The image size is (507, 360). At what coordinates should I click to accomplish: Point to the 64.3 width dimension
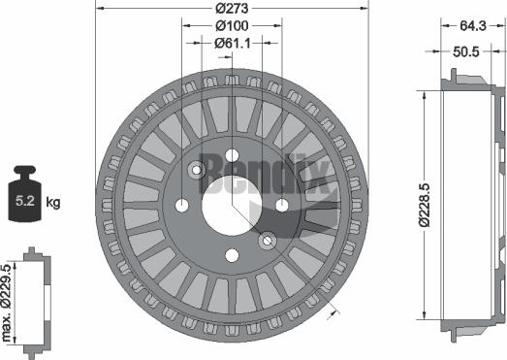473,25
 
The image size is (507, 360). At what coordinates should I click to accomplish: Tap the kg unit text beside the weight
53,202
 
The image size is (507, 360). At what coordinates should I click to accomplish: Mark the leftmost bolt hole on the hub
181,205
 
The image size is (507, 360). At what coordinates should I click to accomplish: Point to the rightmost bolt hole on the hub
281,204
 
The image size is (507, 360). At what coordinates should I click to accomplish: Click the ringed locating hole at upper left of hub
196,171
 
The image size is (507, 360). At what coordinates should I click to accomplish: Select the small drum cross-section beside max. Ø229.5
37,301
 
